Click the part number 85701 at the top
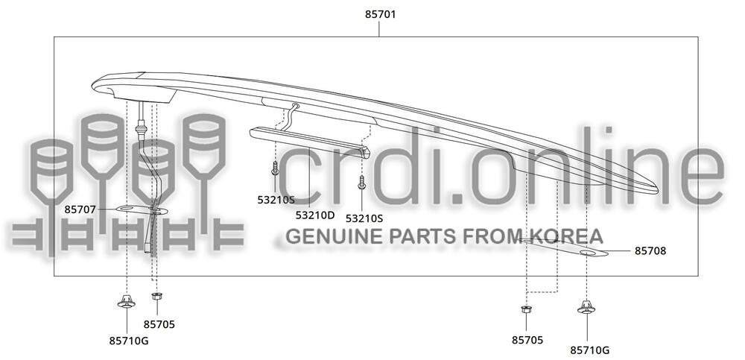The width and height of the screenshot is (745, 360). coord(380,15)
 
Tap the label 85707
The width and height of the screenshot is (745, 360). coord(80,209)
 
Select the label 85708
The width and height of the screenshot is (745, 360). coord(650,250)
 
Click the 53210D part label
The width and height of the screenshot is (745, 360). coord(315,215)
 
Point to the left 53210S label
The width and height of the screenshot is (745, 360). coord(276,200)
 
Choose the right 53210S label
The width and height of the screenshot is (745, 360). coord(364,218)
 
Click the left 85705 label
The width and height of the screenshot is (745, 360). coord(159,324)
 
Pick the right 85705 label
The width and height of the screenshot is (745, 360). coord(527,340)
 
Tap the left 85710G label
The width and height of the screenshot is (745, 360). coord(129,341)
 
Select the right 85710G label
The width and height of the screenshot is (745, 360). coord(589,350)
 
